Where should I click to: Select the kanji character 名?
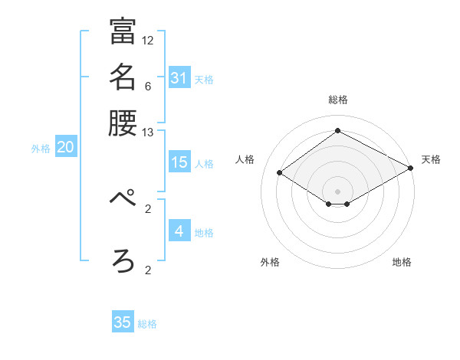click(123, 77)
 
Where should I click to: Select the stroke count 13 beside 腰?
click(148, 133)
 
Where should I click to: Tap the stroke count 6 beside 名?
click(148, 87)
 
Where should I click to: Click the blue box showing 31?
click(179, 77)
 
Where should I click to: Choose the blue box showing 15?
click(179, 162)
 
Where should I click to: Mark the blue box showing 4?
click(179, 231)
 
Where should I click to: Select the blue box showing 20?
click(65, 148)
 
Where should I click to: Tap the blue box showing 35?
click(123, 322)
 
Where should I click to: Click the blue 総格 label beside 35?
click(147, 324)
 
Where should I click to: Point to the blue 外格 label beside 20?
click(41, 149)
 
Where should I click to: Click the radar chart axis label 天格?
click(431, 159)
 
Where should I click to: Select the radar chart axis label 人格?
click(245, 159)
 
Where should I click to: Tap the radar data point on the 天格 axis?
click(412, 169)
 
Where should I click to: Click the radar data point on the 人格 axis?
click(280, 173)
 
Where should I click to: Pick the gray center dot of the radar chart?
click(338, 191)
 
